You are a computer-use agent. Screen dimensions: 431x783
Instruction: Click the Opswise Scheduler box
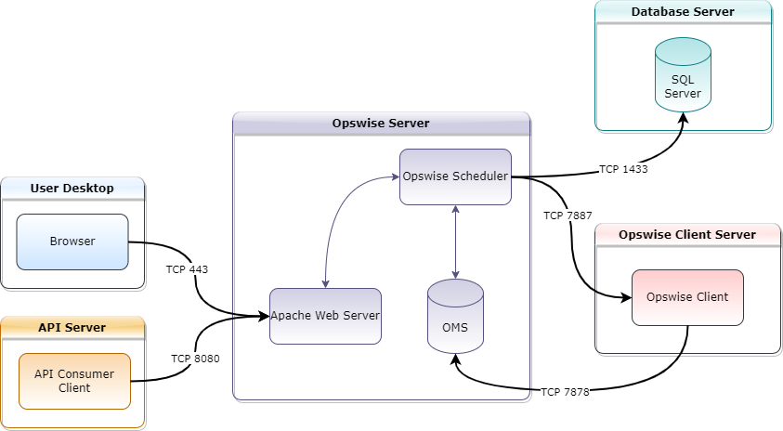[x=455, y=176]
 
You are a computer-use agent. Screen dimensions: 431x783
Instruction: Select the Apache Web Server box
[x=325, y=316]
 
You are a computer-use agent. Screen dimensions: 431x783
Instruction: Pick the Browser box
[x=72, y=242]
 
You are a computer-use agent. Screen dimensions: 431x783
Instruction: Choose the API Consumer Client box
[x=74, y=381]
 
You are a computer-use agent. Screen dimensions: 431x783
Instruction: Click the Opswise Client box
[x=687, y=297]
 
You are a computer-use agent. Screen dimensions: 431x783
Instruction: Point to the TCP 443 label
[x=187, y=269]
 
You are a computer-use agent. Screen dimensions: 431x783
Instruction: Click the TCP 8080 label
[x=195, y=359]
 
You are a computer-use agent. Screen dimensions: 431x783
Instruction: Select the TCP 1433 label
[x=623, y=169]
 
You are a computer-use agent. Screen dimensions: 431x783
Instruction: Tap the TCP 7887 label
[x=568, y=215]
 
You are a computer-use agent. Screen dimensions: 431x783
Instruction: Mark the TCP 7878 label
[x=565, y=392]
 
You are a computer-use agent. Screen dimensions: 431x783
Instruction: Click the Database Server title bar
[x=683, y=12]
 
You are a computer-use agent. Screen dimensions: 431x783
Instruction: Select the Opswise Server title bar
[x=381, y=124]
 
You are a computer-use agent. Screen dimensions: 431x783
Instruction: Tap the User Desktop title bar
[x=72, y=188]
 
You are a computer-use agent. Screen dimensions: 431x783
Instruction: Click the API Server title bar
[x=72, y=327]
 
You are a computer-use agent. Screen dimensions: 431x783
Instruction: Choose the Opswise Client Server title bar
[x=687, y=234]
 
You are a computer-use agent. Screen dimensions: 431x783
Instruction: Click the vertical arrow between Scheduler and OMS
[x=455, y=242]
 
